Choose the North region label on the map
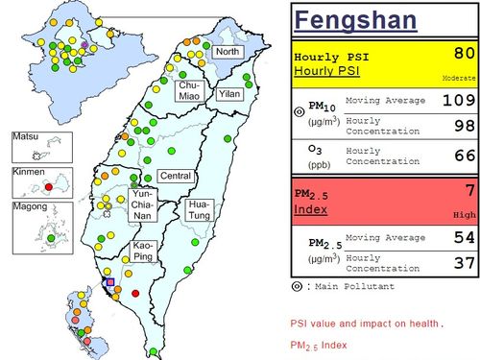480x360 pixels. point(228,51)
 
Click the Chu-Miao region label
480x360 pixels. point(189,90)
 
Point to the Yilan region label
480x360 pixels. point(229,94)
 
